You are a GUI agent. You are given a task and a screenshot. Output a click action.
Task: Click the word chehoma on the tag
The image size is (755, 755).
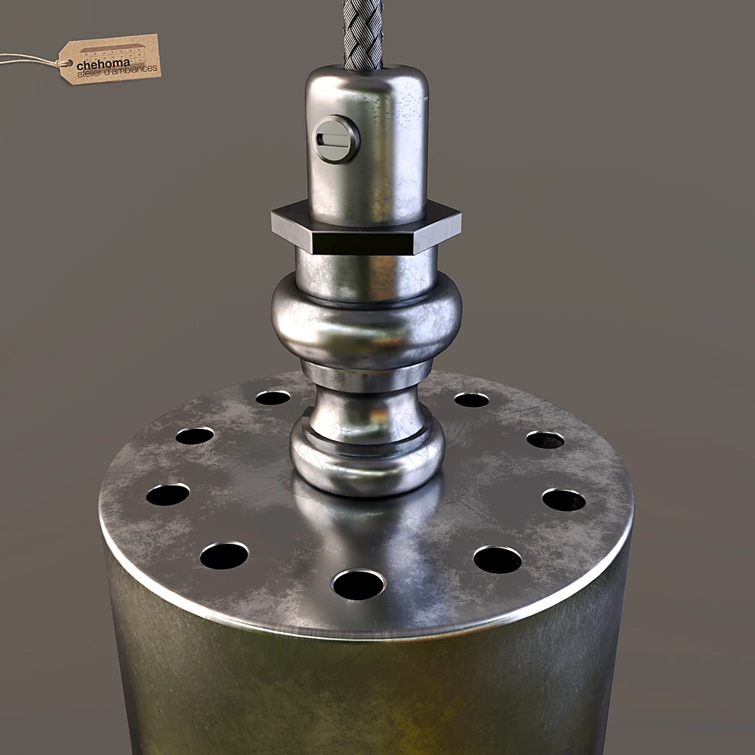103,63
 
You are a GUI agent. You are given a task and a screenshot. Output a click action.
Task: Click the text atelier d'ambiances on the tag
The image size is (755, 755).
118,70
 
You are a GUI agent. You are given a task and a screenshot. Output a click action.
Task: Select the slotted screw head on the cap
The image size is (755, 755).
336,139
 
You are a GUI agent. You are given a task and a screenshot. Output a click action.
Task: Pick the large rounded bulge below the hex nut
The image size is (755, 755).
367,321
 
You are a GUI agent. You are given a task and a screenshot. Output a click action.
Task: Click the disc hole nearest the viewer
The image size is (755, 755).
359,584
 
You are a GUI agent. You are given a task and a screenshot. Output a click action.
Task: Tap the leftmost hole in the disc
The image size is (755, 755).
168,495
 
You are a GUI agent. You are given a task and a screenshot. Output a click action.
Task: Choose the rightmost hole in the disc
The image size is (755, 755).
564,500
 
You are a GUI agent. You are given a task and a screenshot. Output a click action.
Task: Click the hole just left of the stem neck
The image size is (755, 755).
273,397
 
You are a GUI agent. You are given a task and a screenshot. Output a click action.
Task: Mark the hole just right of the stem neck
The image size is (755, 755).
472,399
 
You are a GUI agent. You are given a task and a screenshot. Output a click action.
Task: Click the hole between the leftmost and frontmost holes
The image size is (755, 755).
224,556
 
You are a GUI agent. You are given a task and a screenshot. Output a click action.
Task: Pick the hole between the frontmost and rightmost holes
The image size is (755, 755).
498,559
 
